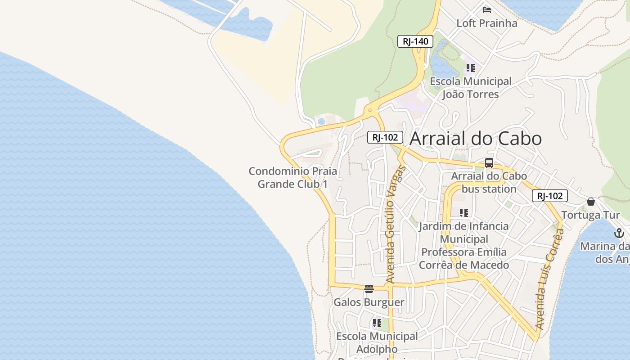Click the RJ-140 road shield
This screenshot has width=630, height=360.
(415, 42)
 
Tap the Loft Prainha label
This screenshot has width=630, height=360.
(487, 23)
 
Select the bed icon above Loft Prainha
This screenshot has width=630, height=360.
(486, 9)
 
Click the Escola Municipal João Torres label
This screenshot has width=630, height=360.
(471, 88)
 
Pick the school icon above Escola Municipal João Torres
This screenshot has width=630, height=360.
(470, 68)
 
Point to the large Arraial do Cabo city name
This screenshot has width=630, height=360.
(476, 138)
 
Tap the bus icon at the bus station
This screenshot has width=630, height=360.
(489, 163)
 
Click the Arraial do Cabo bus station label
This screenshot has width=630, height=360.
(489, 182)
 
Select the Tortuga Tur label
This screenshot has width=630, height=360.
(590, 215)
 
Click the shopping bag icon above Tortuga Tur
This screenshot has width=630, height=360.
(591, 202)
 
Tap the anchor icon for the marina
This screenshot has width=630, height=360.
(619, 233)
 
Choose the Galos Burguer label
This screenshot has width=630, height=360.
(369, 302)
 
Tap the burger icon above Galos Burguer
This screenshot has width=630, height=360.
(369, 289)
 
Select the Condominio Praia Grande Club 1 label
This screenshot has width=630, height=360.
(292, 178)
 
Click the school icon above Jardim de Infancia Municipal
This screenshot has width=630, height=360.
(464, 212)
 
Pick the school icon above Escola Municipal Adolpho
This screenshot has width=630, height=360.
(377, 323)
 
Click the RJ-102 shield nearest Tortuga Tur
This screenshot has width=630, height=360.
(549, 196)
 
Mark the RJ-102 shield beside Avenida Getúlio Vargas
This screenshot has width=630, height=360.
(385, 137)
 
